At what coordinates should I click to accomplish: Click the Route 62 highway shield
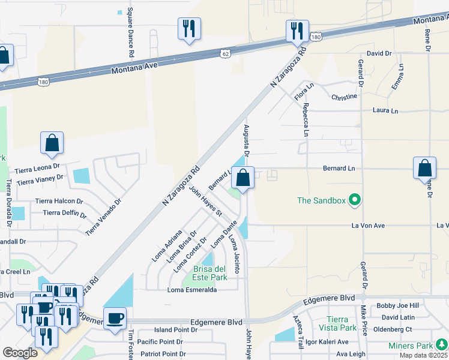coord(224,53)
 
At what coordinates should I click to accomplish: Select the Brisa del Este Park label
coord(209,273)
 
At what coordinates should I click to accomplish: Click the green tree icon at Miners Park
coord(441,344)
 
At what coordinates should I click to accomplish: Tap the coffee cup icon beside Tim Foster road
coord(115,318)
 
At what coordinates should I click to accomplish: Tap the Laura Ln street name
coord(385,111)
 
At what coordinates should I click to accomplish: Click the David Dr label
coord(379,53)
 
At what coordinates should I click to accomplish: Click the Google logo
coord(20,352)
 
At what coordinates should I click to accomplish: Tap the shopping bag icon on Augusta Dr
coord(243,178)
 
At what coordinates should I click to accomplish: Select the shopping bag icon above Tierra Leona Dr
coord(52,143)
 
